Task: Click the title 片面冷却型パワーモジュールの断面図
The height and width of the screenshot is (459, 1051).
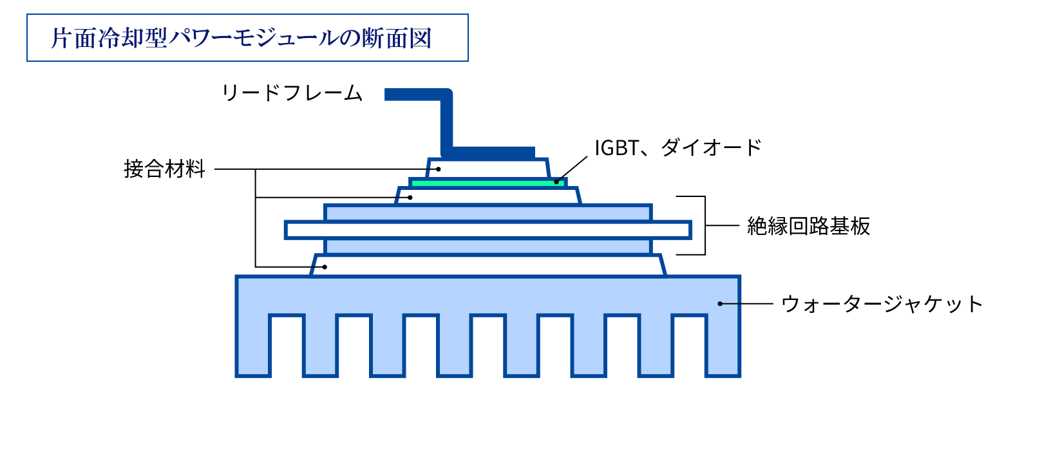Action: [241, 38]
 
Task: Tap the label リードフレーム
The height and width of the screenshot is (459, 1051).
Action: [292, 93]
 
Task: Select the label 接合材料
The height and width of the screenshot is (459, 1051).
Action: [164, 169]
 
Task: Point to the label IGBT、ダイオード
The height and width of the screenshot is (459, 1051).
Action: [677, 147]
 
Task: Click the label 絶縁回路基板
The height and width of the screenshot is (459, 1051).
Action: [808, 226]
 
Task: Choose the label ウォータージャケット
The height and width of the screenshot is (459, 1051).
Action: [882, 304]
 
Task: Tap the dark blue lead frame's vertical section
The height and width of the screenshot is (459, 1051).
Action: [446, 122]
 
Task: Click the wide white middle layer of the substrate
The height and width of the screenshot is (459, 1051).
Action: [488, 230]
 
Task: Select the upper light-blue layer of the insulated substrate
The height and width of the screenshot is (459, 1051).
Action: [488, 213]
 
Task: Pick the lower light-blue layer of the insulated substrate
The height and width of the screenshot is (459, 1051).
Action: [488, 247]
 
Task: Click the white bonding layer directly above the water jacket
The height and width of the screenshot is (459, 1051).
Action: [488, 265]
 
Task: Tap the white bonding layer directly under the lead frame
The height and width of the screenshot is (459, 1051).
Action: [488, 168]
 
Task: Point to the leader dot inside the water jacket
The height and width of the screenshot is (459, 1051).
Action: [720, 304]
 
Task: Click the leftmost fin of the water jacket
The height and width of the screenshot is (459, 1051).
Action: [252, 344]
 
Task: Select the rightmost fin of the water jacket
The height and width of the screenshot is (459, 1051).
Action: [723, 344]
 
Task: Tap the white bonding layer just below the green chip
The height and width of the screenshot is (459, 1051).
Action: [488, 195]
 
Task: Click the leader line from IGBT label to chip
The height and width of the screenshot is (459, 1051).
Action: [573, 169]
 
